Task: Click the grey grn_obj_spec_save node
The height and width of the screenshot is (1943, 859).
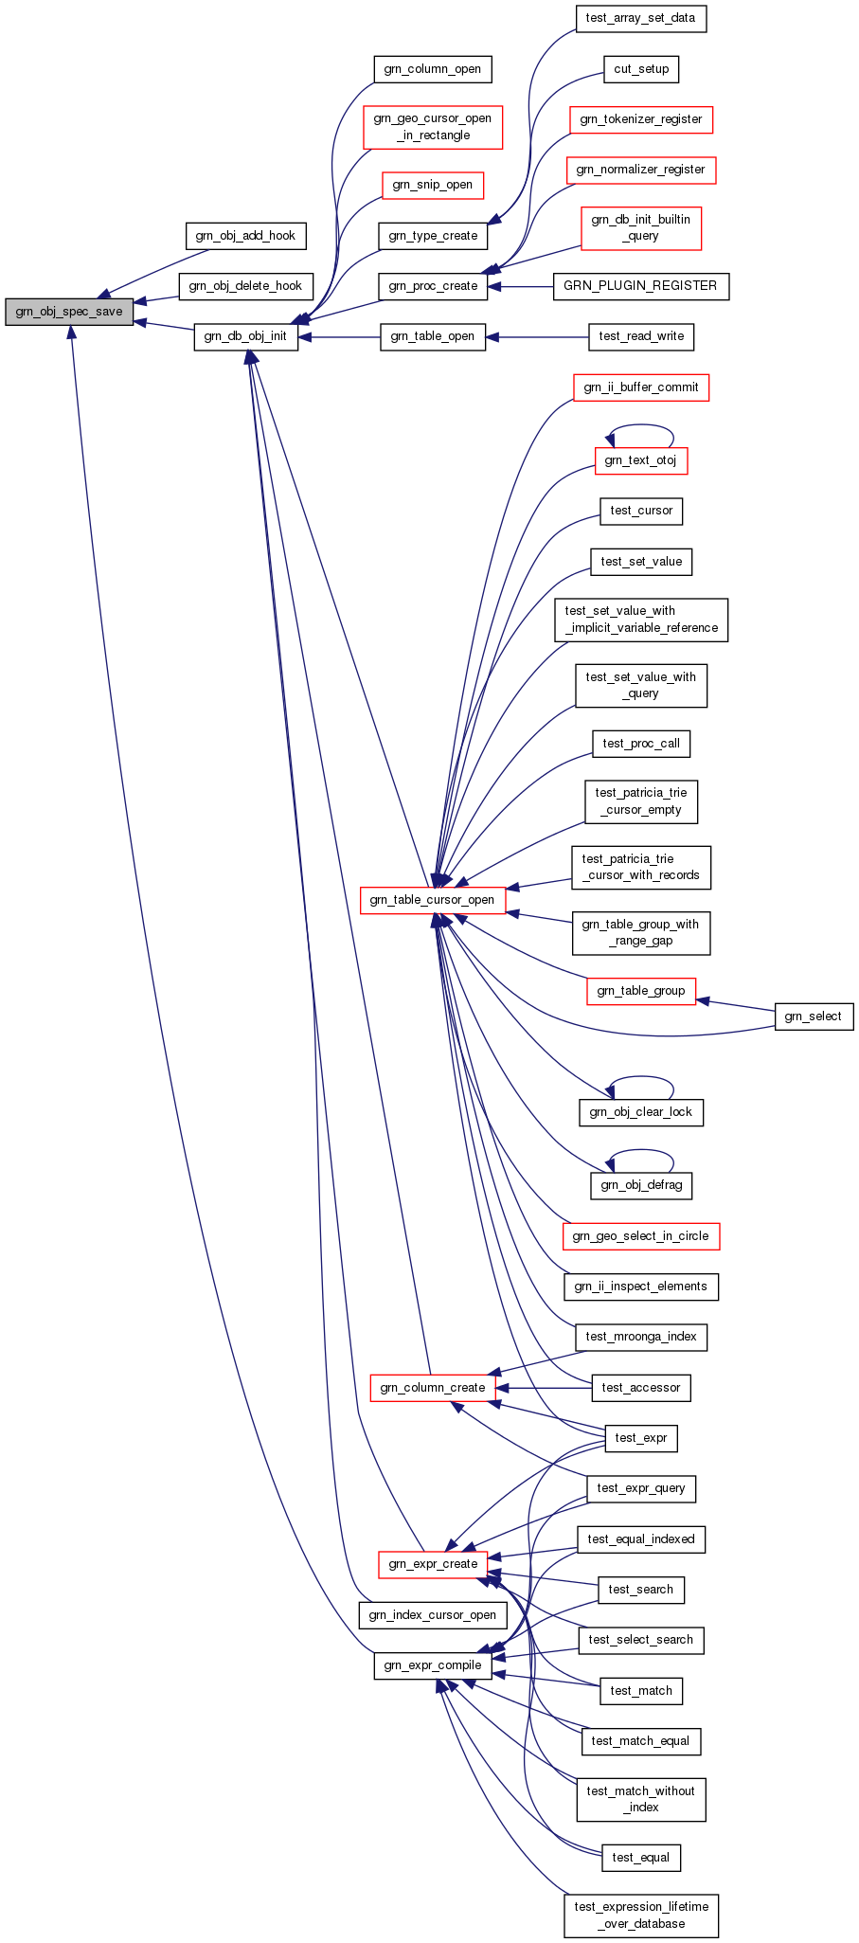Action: click(69, 312)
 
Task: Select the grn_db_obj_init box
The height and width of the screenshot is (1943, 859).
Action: click(245, 336)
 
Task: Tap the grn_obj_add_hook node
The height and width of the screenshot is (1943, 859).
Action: click(245, 236)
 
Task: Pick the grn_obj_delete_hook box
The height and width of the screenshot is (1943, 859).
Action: click(245, 286)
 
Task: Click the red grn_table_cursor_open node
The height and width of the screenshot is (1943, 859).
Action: click(432, 900)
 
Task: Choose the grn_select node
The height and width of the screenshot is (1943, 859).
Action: click(814, 1016)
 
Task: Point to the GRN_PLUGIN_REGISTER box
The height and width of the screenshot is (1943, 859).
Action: click(640, 286)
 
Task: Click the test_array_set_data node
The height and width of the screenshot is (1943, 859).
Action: click(640, 18)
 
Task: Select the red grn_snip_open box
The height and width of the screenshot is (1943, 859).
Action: click(432, 185)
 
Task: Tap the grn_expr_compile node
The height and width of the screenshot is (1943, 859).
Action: click(432, 1665)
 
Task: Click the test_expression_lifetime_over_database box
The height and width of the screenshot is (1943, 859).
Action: click(640, 1916)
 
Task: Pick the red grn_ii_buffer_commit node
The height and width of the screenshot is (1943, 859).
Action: click(640, 387)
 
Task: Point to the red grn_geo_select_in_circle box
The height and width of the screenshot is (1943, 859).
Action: click(640, 1236)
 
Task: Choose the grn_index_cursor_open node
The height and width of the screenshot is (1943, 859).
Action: click(432, 1615)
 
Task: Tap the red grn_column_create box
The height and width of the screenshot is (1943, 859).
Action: click(432, 1388)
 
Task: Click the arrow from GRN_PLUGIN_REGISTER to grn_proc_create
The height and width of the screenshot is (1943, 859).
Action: click(521, 286)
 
